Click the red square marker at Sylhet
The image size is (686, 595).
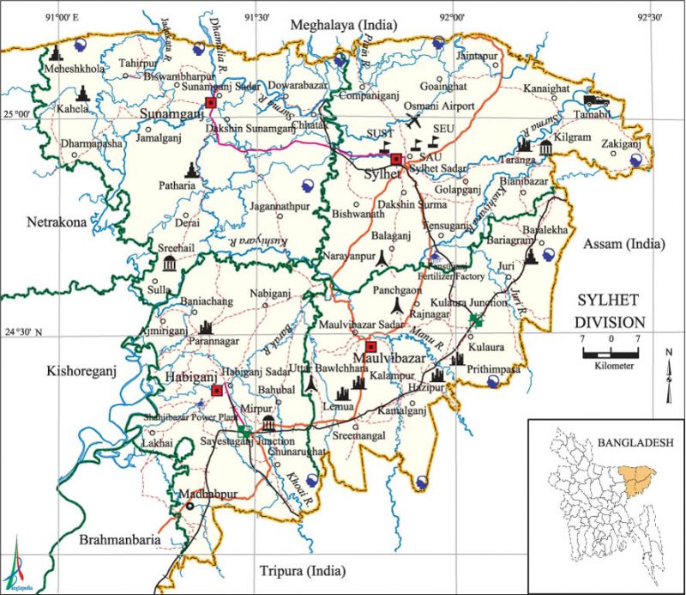pyautogui.click(x=395, y=160)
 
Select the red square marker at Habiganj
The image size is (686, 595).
pyautogui.click(x=217, y=390)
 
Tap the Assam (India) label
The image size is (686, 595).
pyautogui.click(x=623, y=244)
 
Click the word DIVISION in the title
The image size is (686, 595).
pyautogui.click(x=609, y=322)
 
